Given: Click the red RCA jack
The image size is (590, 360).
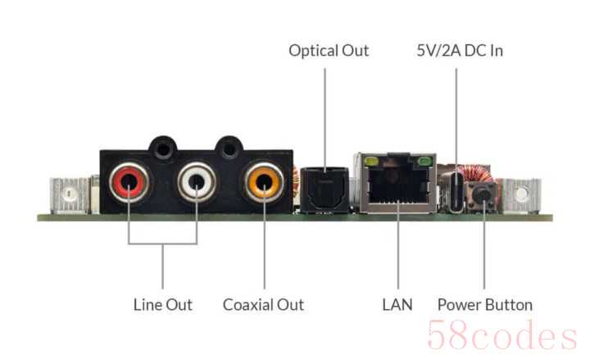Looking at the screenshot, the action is pos(129,182).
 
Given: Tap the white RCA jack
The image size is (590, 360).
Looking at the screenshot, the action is pos(197,182).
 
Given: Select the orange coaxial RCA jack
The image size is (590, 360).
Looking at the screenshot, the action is pos(264,182).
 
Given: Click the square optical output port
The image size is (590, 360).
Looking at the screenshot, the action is pos(324,189).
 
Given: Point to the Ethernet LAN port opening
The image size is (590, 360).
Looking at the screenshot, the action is pos(398,185).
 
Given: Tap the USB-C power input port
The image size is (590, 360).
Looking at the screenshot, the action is pos(456,192).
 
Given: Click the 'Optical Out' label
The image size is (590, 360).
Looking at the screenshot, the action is pos(329,51).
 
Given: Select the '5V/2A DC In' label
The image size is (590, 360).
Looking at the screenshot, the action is pos(460,51).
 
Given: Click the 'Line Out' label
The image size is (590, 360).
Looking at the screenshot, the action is pos(163,304).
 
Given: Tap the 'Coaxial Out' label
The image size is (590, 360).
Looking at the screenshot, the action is pos(263,304).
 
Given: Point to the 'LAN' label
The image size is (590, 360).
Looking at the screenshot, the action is pos(397,304).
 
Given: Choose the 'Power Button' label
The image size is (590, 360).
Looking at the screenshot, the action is pos(485,304).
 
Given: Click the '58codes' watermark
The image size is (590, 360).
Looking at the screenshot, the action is pos(502,335).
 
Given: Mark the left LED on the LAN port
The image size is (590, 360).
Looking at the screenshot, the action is pos(371,162).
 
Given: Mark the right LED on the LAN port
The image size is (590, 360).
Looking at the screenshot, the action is pos(424,162).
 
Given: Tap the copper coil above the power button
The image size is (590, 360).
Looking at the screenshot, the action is pos(479,174).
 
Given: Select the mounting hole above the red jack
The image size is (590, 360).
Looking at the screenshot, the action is pos(163,149).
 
